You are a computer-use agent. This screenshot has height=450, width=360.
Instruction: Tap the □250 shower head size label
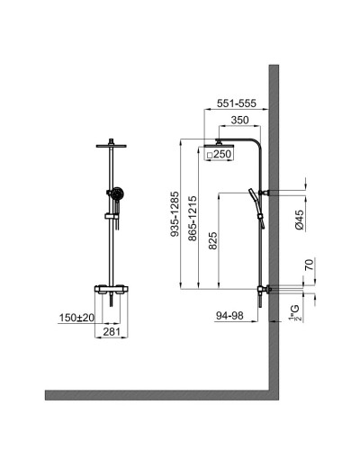220,155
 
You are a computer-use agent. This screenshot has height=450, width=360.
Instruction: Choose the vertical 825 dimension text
211,241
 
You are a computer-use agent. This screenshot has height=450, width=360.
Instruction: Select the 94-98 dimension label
231,316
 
